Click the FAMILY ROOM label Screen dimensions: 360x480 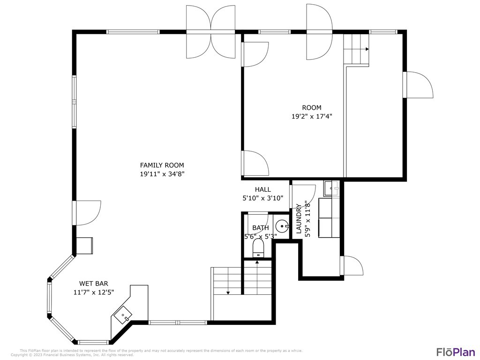(x=162, y=165)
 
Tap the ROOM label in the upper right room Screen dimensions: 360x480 (x=312, y=108)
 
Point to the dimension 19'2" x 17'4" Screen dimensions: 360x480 (x=312, y=116)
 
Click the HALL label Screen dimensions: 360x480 (x=263, y=189)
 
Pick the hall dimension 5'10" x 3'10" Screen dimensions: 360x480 (x=263, y=198)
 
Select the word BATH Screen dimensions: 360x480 (x=261, y=228)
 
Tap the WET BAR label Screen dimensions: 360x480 (x=94, y=283)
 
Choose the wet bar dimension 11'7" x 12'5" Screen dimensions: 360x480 (x=94, y=292)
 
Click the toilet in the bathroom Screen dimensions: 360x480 (x=258, y=249)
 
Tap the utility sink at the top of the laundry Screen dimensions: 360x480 (x=333, y=188)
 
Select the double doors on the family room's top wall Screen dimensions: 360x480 (x=210, y=31)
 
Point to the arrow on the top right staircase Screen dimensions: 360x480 (x=367, y=49)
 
